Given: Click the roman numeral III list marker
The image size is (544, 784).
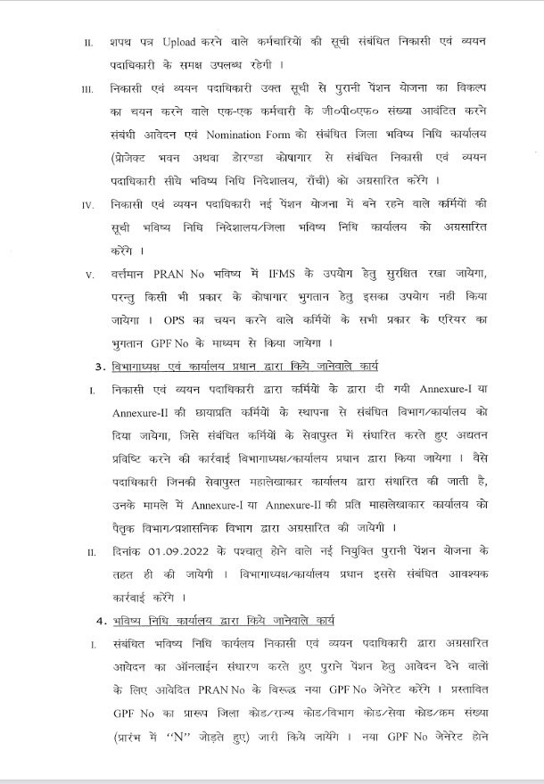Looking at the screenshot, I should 87,90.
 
